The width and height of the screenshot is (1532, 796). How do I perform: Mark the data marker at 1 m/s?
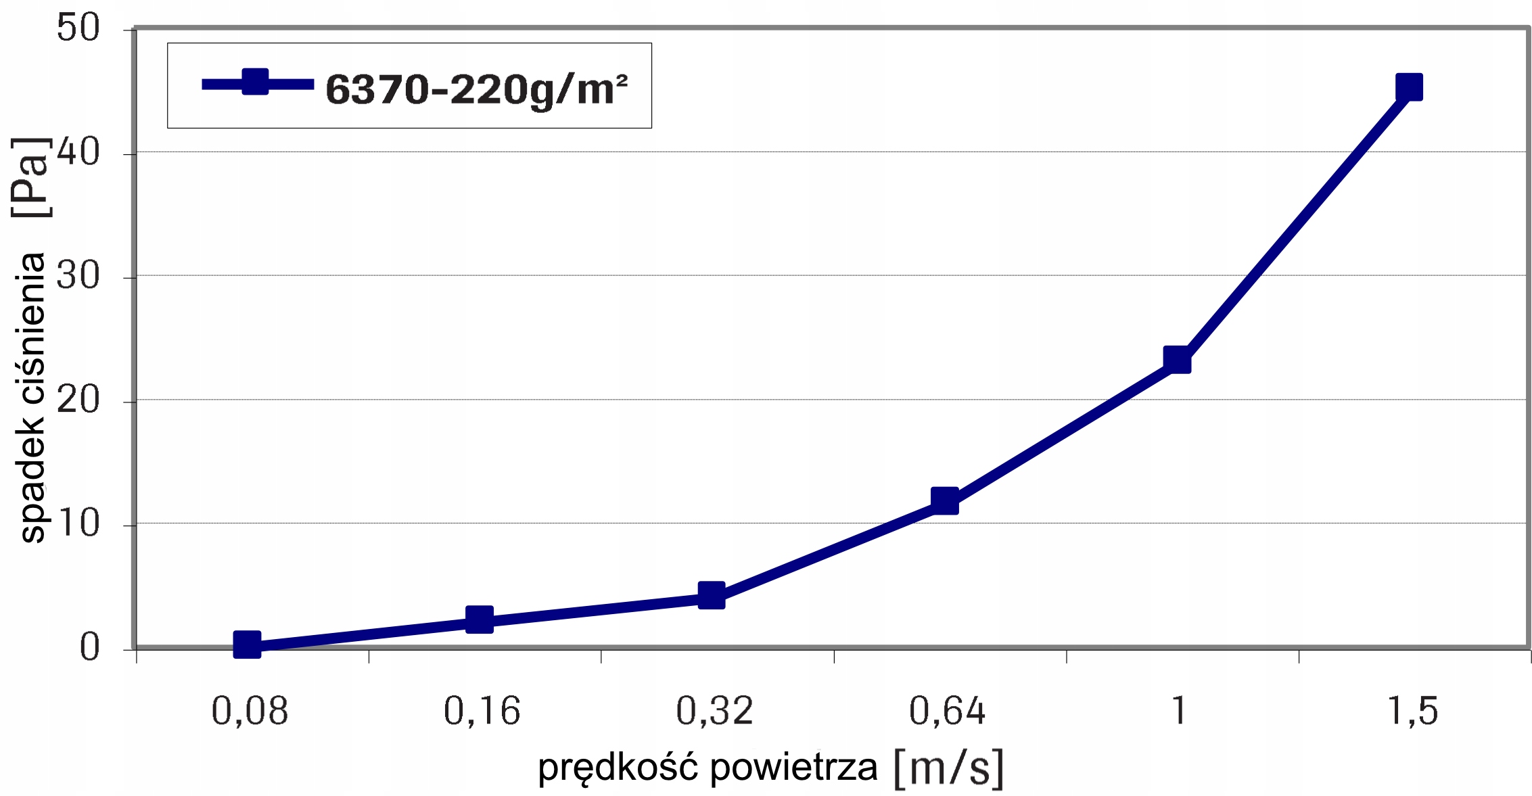click(x=1177, y=360)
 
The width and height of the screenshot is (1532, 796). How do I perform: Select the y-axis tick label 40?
click(x=78, y=153)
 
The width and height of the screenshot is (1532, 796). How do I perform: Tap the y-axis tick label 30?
click(x=78, y=276)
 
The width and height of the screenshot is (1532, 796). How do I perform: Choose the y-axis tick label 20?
click(x=78, y=400)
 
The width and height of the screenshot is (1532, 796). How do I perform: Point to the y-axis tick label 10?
click(x=78, y=523)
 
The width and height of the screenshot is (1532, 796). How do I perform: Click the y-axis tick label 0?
click(x=89, y=648)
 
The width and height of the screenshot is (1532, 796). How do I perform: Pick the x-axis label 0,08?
click(x=250, y=711)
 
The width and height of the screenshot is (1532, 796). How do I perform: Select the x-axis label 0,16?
click(x=482, y=711)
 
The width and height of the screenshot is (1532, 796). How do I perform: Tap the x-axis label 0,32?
click(x=714, y=711)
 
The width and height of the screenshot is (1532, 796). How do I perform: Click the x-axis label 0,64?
click(x=947, y=711)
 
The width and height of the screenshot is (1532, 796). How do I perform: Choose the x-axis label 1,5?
click(x=1412, y=711)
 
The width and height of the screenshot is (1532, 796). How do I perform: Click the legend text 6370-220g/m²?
click(x=477, y=89)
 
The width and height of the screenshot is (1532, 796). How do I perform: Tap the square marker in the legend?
click(x=255, y=83)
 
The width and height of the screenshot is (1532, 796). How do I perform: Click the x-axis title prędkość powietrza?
click(x=707, y=768)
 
